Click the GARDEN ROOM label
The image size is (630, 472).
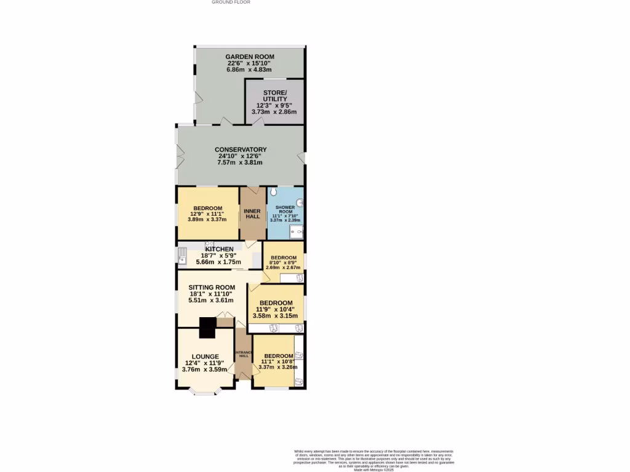(249, 57)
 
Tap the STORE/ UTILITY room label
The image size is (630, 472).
(274, 96)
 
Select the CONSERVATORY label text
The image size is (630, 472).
(240, 149)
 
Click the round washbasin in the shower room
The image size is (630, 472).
(300, 203)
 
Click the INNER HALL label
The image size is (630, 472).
(252, 214)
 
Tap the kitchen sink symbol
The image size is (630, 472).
(183, 255)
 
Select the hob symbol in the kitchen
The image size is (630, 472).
(209, 244)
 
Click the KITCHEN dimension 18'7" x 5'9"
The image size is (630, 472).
(215, 255)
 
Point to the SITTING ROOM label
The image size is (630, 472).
(212, 287)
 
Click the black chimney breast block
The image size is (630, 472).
(207, 327)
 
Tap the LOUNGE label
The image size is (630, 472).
(205, 356)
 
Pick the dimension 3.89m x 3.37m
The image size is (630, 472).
(207, 219)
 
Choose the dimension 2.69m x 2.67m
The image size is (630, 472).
(283, 267)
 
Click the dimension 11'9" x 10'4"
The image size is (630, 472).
(275, 310)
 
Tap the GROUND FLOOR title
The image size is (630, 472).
(231, 2)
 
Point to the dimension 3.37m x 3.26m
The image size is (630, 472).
(277, 368)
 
